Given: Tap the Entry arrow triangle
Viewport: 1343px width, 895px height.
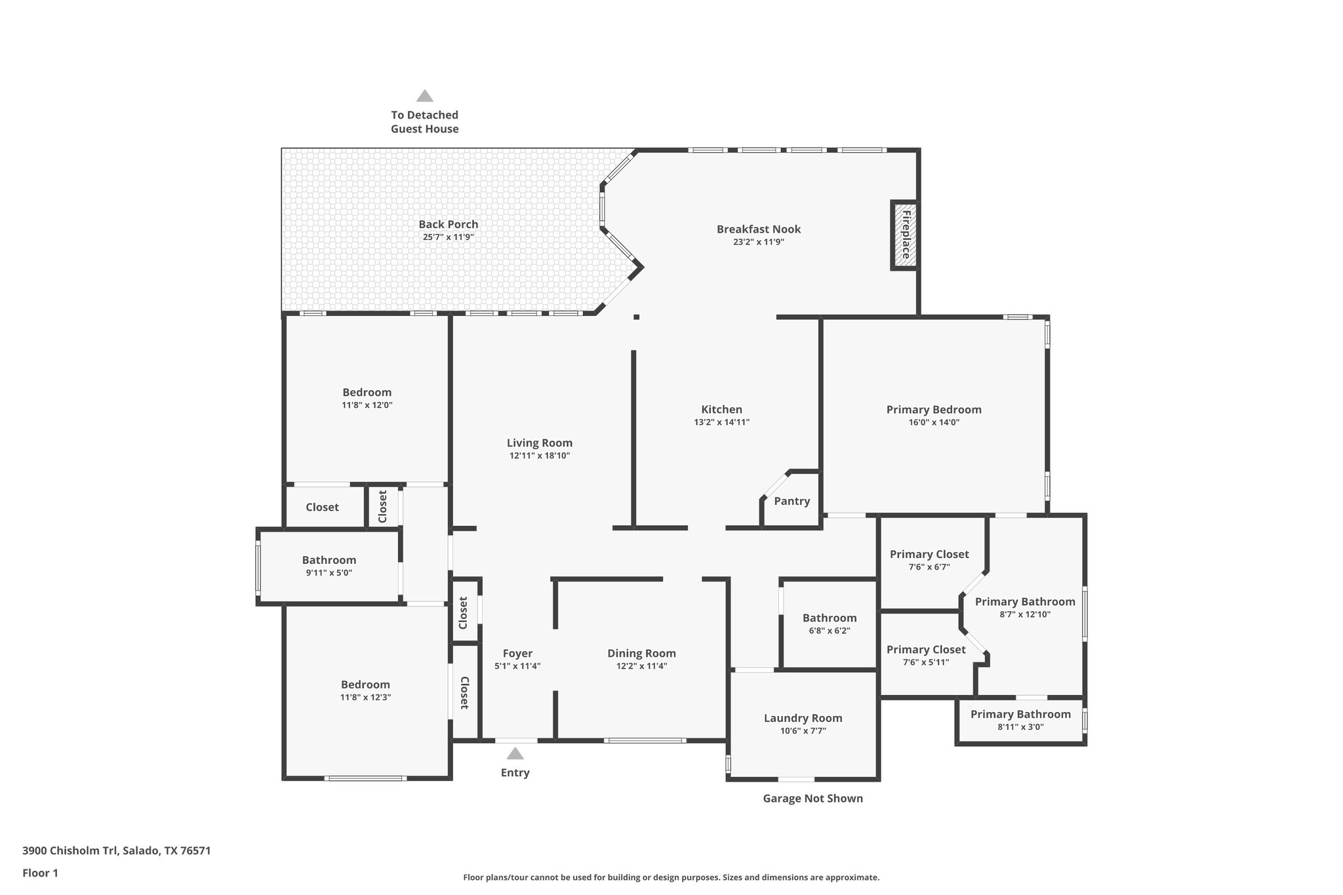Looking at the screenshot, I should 515,754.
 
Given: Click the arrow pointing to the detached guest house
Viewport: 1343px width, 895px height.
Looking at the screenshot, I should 425,96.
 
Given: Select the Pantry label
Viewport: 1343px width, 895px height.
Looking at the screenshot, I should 792,502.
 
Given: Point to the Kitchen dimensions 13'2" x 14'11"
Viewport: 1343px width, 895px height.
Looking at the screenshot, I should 721,423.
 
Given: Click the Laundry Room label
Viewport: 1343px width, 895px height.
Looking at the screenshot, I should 803,719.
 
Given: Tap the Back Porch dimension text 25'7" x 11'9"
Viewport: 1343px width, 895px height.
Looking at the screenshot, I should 449,237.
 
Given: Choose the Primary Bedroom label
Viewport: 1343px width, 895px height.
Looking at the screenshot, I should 934,410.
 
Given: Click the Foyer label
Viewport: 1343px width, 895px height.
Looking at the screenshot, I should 517,654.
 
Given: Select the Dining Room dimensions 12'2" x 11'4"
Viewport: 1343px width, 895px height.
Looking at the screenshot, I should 641,666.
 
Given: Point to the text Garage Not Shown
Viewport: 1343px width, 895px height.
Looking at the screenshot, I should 812,799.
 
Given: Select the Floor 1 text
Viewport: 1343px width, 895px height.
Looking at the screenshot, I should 40,873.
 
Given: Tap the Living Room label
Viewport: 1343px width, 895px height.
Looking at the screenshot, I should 539,443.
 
